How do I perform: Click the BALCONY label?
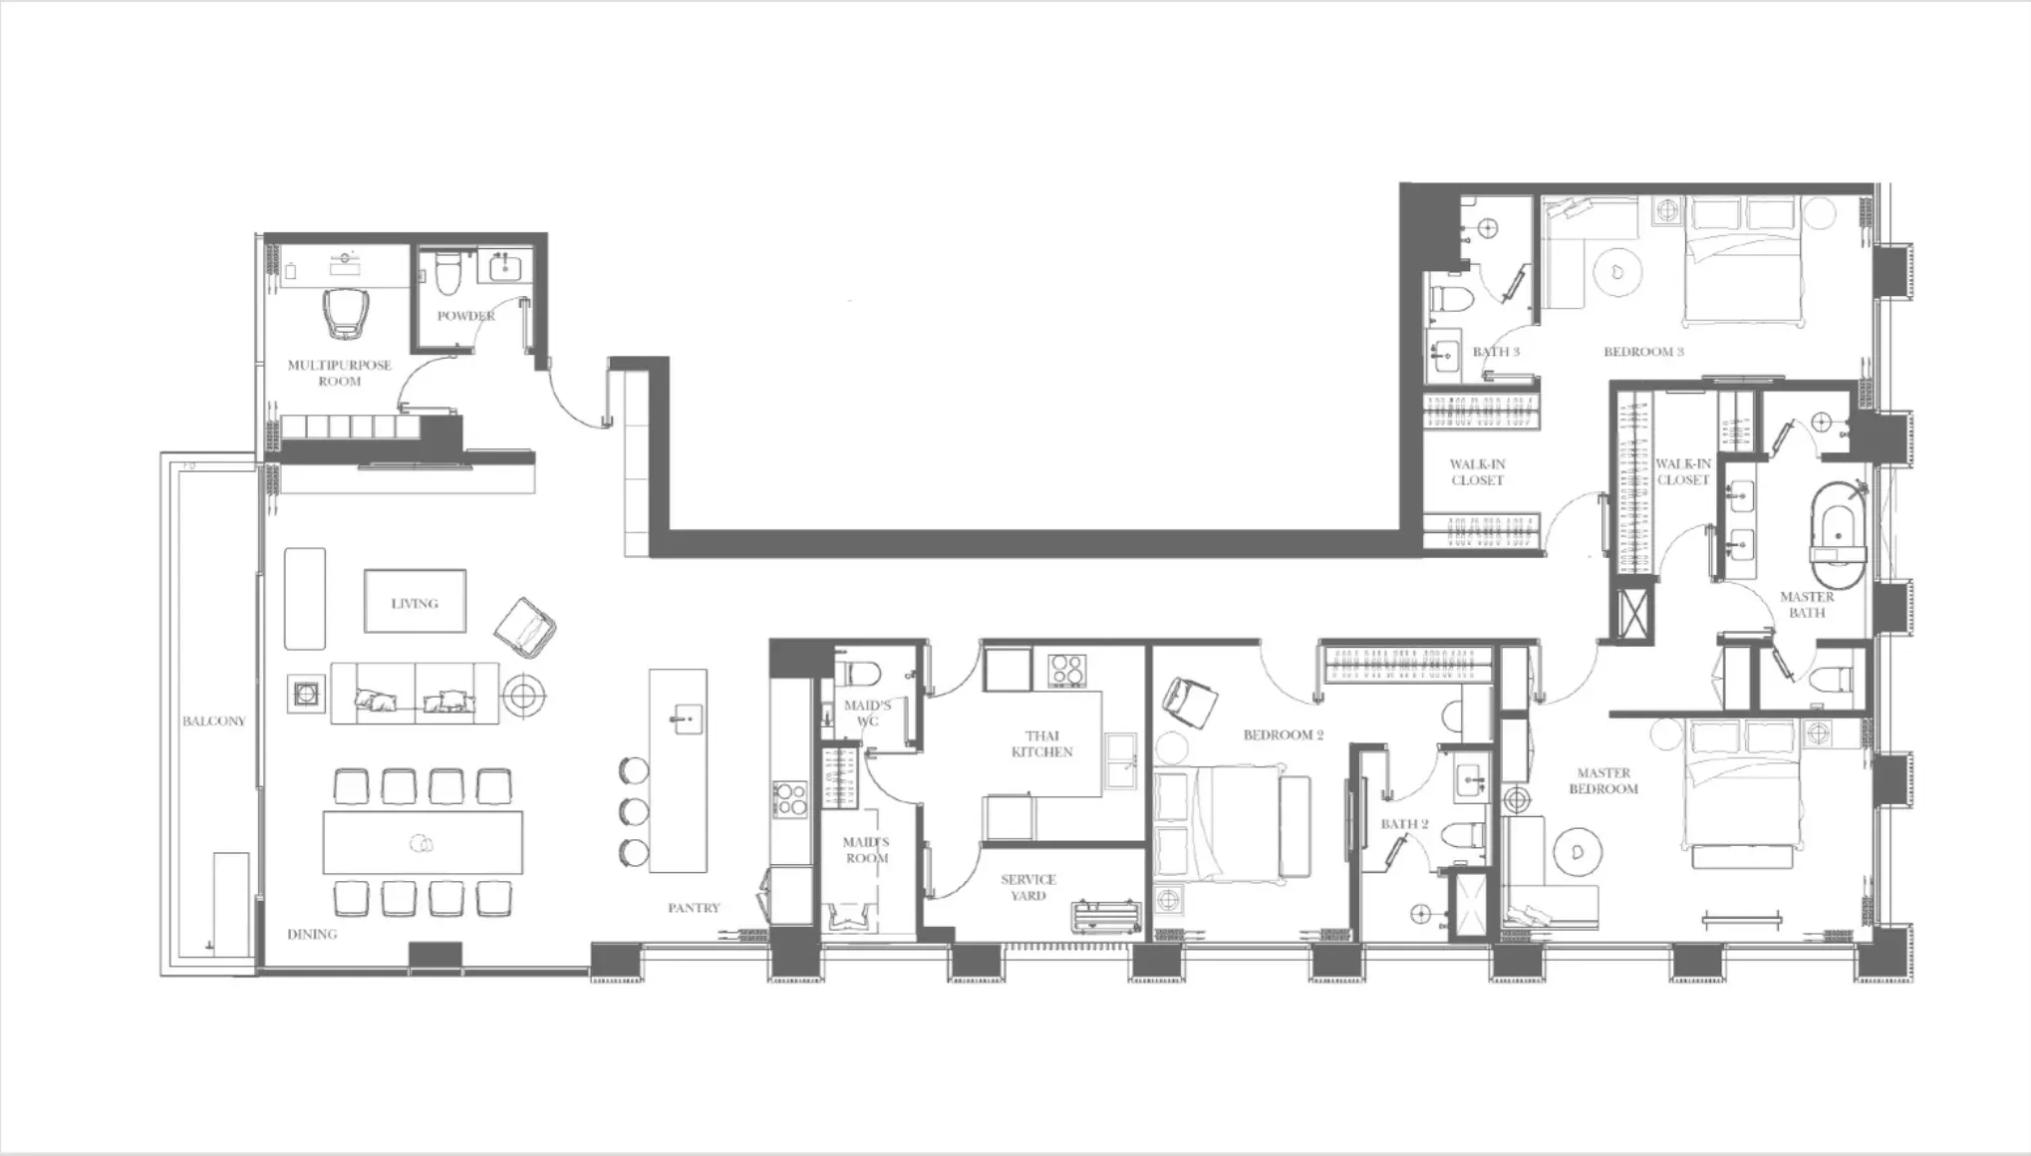pyautogui.click(x=213, y=721)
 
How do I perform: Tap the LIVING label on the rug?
pyautogui.click(x=415, y=603)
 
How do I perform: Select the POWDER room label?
pyautogui.click(x=466, y=316)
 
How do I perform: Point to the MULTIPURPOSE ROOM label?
pyautogui.click(x=339, y=373)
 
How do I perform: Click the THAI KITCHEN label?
pyautogui.click(x=1041, y=743)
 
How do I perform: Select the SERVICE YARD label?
pyautogui.click(x=1027, y=887)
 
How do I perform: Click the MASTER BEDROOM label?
pyautogui.click(x=1603, y=780)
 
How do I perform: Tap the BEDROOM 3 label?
pyautogui.click(x=1643, y=352)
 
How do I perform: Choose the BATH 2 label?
pyautogui.click(x=1404, y=824)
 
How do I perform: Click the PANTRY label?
pyautogui.click(x=694, y=908)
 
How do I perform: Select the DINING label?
pyautogui.click(x=312, y=934)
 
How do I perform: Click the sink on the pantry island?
pyautogui.click(x=684, y=717)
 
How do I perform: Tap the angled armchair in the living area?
pyautogui.click(x=525, y=628)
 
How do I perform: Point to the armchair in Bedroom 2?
pyautogui.click(x=1189, y=703)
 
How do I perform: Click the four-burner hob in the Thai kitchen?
pyautogui.click(x=1066, y=670)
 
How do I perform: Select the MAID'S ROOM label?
pyautogui.click(x=866, y=850)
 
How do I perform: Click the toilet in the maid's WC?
pyautogui.click(x=855, y=673)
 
